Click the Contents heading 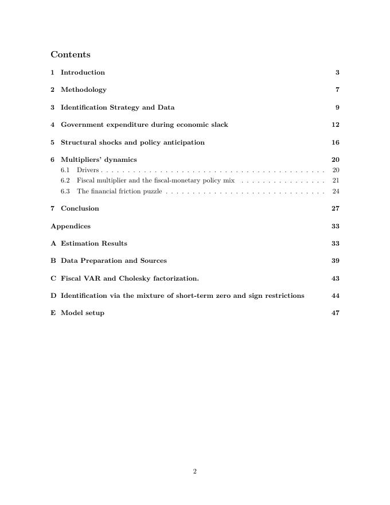tap(71, 55)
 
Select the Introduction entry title tap(83, 72)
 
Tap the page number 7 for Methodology tap(338, 90)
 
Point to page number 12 tap(336, 125)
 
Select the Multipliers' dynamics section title tap(99, 160)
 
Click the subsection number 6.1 tap(65, 170)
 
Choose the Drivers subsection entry tap(88, 170)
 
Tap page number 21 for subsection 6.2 tap(336, 181)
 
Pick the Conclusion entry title tap(80, 208)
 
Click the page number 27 tap(336, 208)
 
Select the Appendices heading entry tap(71, 226)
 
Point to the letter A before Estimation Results tap(53, 243)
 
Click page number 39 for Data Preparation tap(336, 261)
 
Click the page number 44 tap(336, 296)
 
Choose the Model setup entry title tap(83, 313)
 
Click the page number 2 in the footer tap(195, 472)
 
